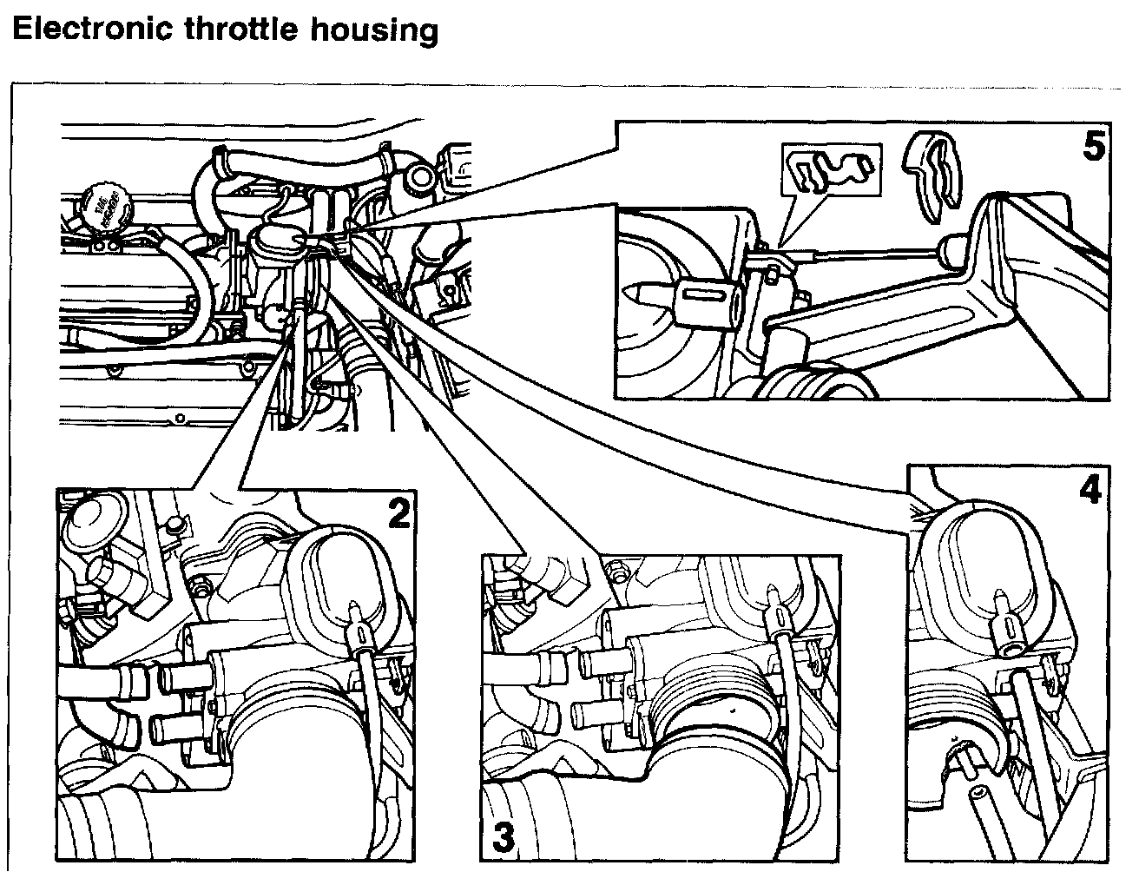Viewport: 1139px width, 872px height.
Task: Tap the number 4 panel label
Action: [1090, 492]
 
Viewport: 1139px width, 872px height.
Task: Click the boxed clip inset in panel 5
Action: [832, 170]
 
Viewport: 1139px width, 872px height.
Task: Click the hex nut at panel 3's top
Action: [619, 571]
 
